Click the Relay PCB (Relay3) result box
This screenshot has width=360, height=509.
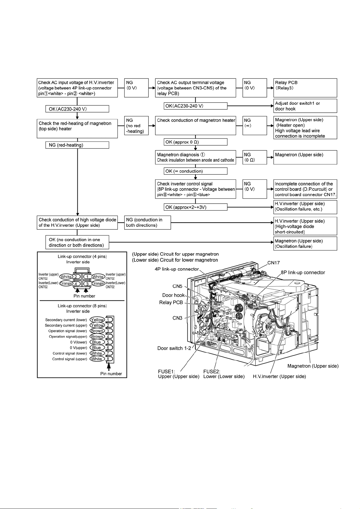coord(305,88)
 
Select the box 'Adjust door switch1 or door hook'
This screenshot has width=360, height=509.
coord(305,106)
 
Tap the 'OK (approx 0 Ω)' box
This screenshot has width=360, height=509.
coord(195,142)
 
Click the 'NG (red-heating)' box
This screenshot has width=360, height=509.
coord(77,145)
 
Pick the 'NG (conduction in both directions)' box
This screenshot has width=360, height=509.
coord(148,222)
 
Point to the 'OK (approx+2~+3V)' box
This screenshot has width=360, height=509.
coord(195,207)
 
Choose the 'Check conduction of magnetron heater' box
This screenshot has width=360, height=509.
coord(195,125)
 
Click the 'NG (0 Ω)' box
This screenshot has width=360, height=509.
coord(255,157)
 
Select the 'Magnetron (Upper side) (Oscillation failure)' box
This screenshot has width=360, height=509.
coord(305,243)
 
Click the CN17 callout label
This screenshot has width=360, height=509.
coord(273,263)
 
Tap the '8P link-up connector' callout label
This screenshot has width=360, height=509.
coord(303,272)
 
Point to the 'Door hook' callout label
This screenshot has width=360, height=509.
coord(173,295)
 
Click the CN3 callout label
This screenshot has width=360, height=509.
coord(177,318)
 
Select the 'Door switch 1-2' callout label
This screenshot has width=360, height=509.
coord(174,348)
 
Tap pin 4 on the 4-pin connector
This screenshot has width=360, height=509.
coord(76,284)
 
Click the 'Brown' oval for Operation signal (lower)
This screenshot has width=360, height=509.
coord(97,331)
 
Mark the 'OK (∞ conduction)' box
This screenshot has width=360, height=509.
coord(195,171)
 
